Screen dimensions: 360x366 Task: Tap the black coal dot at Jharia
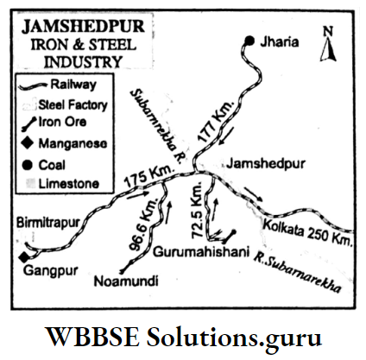click(x=249, y=41)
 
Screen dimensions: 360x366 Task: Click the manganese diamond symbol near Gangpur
click(x=24, y=256)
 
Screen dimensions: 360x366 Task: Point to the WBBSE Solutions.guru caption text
click(x=183, y=336)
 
